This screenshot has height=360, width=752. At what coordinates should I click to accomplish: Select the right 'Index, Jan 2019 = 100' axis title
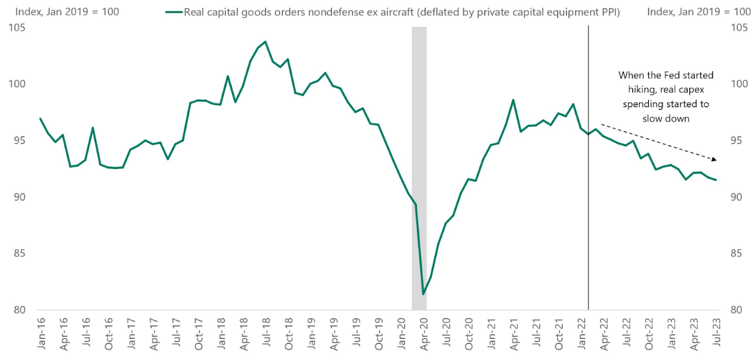point(698,12)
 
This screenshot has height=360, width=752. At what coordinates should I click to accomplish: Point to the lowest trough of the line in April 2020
point(423,294)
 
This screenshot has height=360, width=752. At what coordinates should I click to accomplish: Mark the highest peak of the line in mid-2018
point(265,42)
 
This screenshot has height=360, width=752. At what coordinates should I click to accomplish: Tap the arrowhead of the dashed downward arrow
point(714,159)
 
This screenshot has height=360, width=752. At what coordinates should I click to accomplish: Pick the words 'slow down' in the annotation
point(666,119)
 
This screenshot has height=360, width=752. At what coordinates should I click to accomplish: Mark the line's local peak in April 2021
point(513,100)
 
